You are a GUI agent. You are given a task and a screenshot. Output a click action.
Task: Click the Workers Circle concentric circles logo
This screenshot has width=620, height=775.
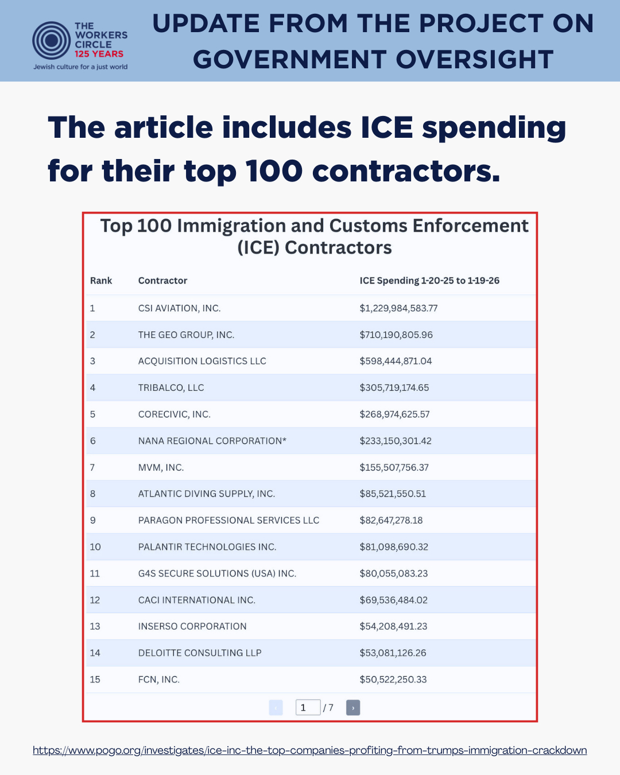tap(52, 40)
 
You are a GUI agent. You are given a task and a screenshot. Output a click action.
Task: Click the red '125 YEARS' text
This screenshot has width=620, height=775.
tap(99, 54)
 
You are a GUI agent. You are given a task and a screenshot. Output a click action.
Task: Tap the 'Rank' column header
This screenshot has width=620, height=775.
tap(101, 281)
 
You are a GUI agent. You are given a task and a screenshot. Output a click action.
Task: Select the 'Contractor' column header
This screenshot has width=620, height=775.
tap(162, 281)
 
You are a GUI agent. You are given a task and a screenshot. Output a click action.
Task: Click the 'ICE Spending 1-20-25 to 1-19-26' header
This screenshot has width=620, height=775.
tap(429, 281)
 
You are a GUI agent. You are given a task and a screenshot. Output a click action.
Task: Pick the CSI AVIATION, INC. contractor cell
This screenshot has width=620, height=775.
tap(179, 308)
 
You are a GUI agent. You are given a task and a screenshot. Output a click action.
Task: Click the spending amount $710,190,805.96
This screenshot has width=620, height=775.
tap(396, 335)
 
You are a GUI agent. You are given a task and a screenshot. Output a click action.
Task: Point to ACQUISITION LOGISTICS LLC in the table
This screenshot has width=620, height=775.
tap(202, 361)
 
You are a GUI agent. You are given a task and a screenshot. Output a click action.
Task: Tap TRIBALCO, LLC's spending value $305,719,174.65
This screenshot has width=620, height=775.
tap(394, 387)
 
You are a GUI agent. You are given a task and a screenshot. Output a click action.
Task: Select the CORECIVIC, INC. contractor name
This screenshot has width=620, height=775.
tap(175, 414)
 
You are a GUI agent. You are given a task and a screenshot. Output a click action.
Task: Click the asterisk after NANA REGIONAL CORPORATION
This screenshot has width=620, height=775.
tap(284, 440)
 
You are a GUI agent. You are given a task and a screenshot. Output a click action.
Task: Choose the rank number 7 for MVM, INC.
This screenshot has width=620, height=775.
tap(92, 467)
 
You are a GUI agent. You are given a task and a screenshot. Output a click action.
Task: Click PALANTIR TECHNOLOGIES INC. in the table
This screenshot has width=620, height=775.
tap(207, 547)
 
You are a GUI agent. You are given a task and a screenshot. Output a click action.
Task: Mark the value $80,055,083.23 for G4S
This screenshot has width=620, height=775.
tap(394, 573)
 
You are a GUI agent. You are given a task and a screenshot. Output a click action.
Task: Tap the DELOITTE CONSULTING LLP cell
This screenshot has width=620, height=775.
tap(200, 653)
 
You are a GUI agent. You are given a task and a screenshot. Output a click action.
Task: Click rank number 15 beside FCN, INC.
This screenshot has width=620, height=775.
tap(95, 680)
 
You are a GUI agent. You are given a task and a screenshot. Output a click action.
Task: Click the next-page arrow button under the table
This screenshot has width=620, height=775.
tap(353, 708)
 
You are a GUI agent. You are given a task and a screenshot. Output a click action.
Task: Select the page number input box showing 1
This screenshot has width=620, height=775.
tap(308, 708)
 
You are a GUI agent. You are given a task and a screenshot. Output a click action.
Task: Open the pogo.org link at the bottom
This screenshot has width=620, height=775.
tap(309, 750)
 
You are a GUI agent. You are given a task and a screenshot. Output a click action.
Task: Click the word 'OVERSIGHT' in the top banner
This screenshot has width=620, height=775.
tap(475, 60)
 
